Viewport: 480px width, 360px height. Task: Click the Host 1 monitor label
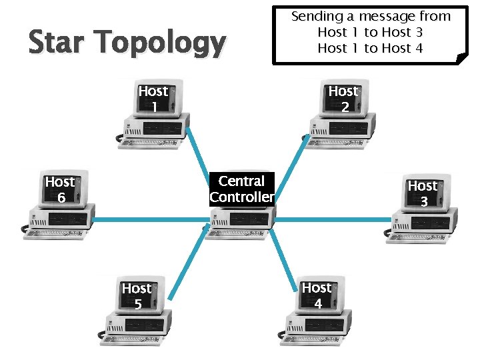pos(153,99)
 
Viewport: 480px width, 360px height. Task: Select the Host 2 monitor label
pos(343,99)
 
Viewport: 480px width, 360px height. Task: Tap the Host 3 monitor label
pos(423,193)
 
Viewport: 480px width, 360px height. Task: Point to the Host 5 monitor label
pos(137,296)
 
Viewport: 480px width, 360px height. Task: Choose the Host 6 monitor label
pos(60,189)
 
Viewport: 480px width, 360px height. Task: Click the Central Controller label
pos(241,189)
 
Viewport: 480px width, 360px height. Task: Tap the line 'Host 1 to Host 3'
pos(371,32)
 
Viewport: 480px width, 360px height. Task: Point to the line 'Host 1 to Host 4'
pos(371,48)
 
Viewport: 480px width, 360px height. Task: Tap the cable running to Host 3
pos(333,218)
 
